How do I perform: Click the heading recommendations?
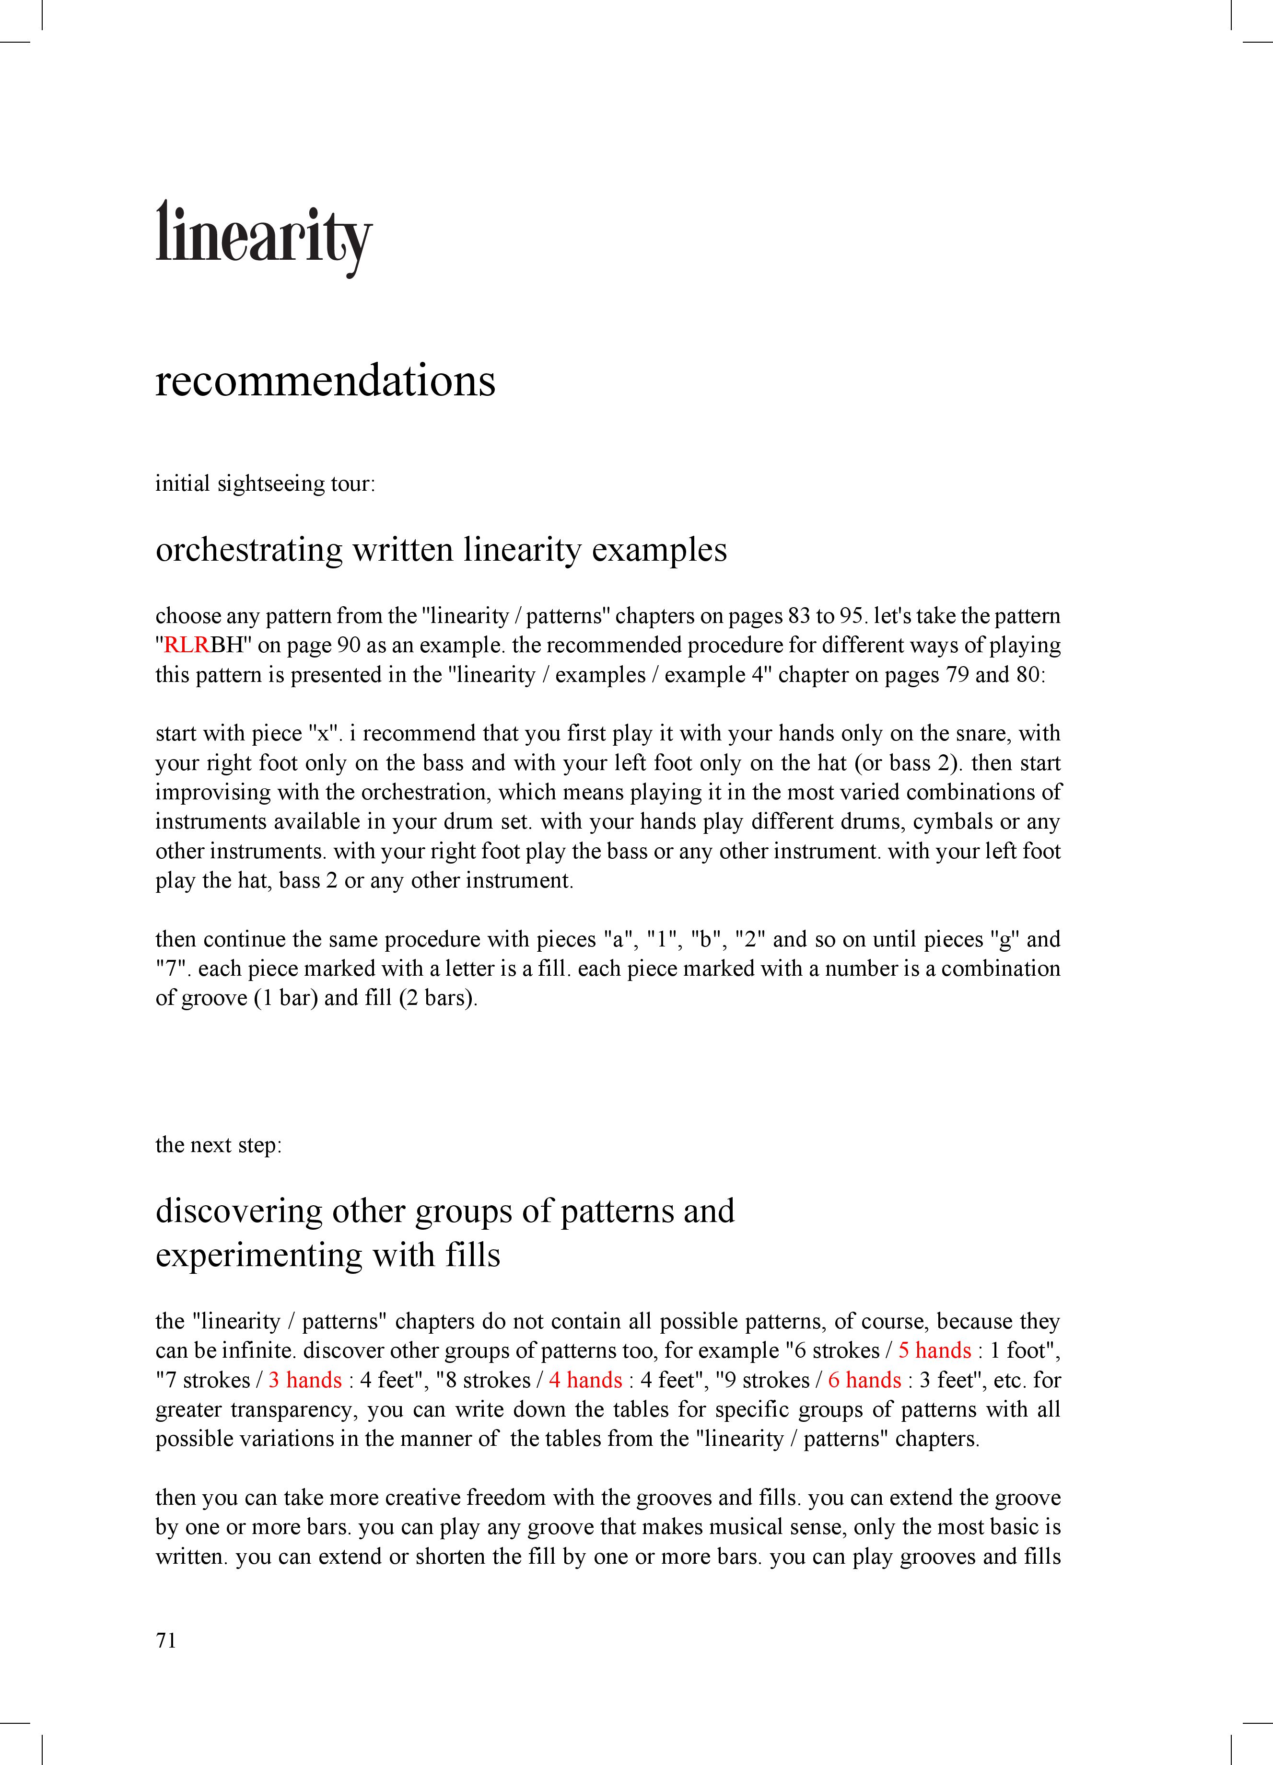pos(326,381)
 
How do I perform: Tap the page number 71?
pos(166,1640)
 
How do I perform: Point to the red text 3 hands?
pos(305,1380)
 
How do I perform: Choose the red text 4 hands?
pos(585,1380)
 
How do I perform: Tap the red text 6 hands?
pos(864,1380)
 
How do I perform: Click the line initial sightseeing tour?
pos(265,484)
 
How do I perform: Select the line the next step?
pos(218,1145)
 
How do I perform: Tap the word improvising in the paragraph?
pos(206,792)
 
